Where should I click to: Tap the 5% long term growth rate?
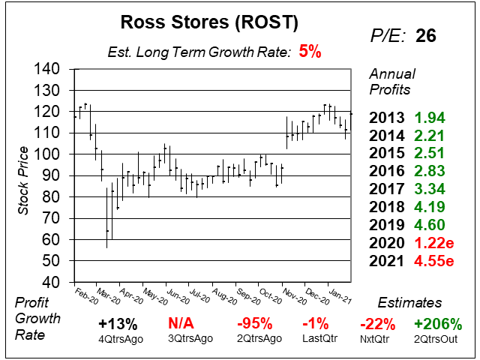point(309,52)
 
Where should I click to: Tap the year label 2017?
point(389,189)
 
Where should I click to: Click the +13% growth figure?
point(117,323)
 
